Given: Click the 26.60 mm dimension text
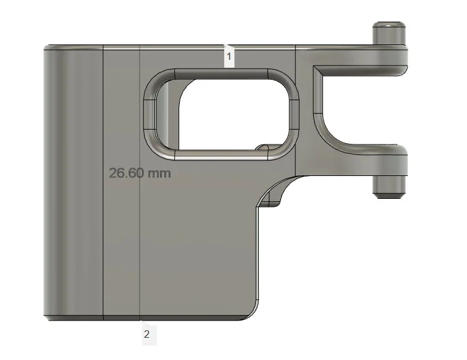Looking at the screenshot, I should pos(140,173).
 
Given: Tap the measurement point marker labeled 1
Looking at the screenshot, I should pos(229,56).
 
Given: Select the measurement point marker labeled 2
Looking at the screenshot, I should pos(146,335).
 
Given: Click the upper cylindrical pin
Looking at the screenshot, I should pos(389,31).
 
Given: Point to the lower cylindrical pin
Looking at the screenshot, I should pos(389,185).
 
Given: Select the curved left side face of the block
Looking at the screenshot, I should pos(56,185).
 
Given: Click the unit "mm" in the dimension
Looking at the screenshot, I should pos(159,173).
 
